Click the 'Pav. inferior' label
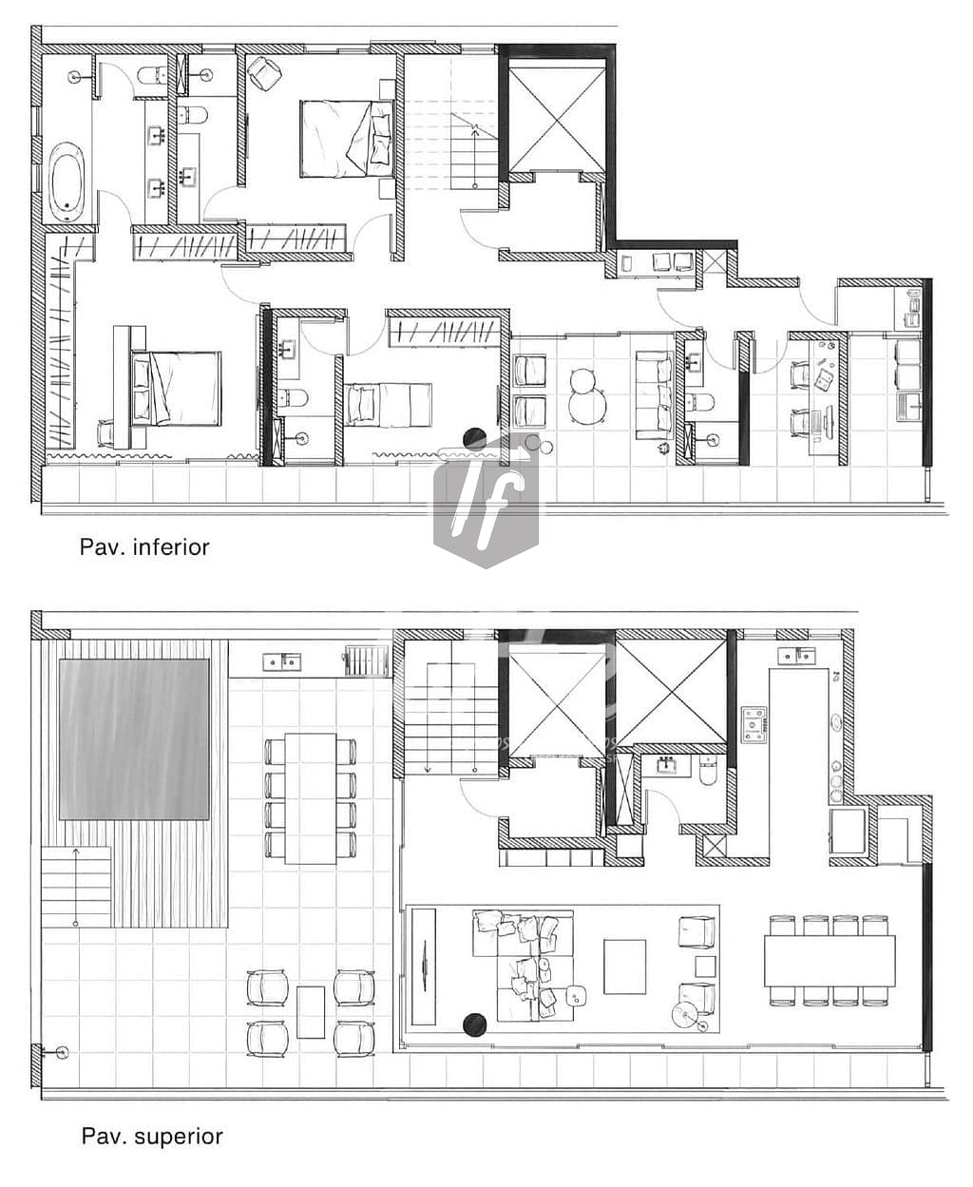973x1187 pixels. pos(144,546)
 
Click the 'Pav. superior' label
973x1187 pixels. pos(152,1136)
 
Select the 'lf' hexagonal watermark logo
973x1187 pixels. pos(486,499)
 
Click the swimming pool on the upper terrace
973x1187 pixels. pos(134,739)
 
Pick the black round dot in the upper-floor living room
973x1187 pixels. pos(474,1024)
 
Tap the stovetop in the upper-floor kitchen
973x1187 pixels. pos(754,724)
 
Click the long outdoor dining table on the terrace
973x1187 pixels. pos(310,798)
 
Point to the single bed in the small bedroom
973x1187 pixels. pos(390,403)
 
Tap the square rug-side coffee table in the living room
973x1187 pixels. pos(624,967)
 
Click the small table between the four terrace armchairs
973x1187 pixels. pos(311,1012)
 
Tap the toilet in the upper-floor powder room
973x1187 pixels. pos(708,772)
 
